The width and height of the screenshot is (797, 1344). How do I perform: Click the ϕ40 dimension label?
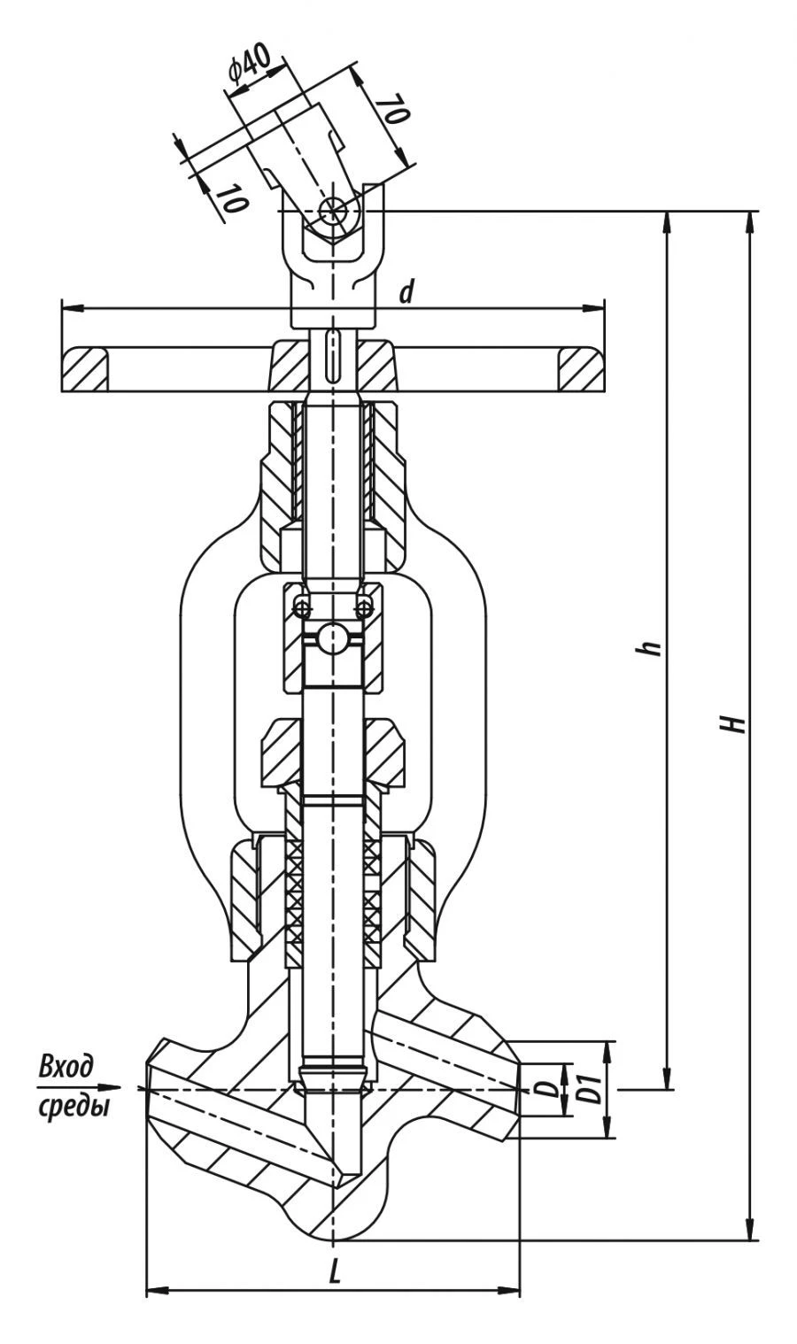point(251,68)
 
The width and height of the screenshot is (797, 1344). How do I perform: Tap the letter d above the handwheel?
point(406,291)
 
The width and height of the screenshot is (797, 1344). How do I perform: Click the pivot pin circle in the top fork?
point(334,211)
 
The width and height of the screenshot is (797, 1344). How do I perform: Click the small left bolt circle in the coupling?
point(303,607)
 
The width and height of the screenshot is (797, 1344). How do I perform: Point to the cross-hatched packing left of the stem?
point(294,894)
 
